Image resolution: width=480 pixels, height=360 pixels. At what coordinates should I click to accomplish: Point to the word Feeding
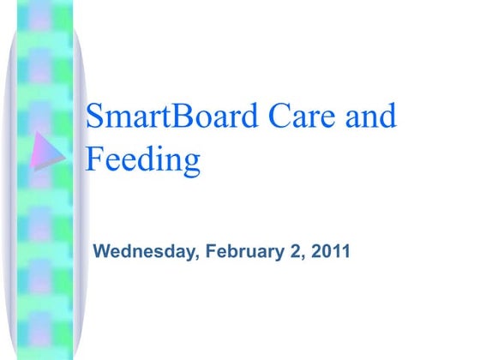pos(143,159)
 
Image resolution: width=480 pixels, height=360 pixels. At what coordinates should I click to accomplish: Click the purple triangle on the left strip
pos(46,152)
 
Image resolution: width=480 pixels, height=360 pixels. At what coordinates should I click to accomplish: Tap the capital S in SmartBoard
pos(95,116)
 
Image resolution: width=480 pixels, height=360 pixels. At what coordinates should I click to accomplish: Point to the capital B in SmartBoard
pos(188,116)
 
